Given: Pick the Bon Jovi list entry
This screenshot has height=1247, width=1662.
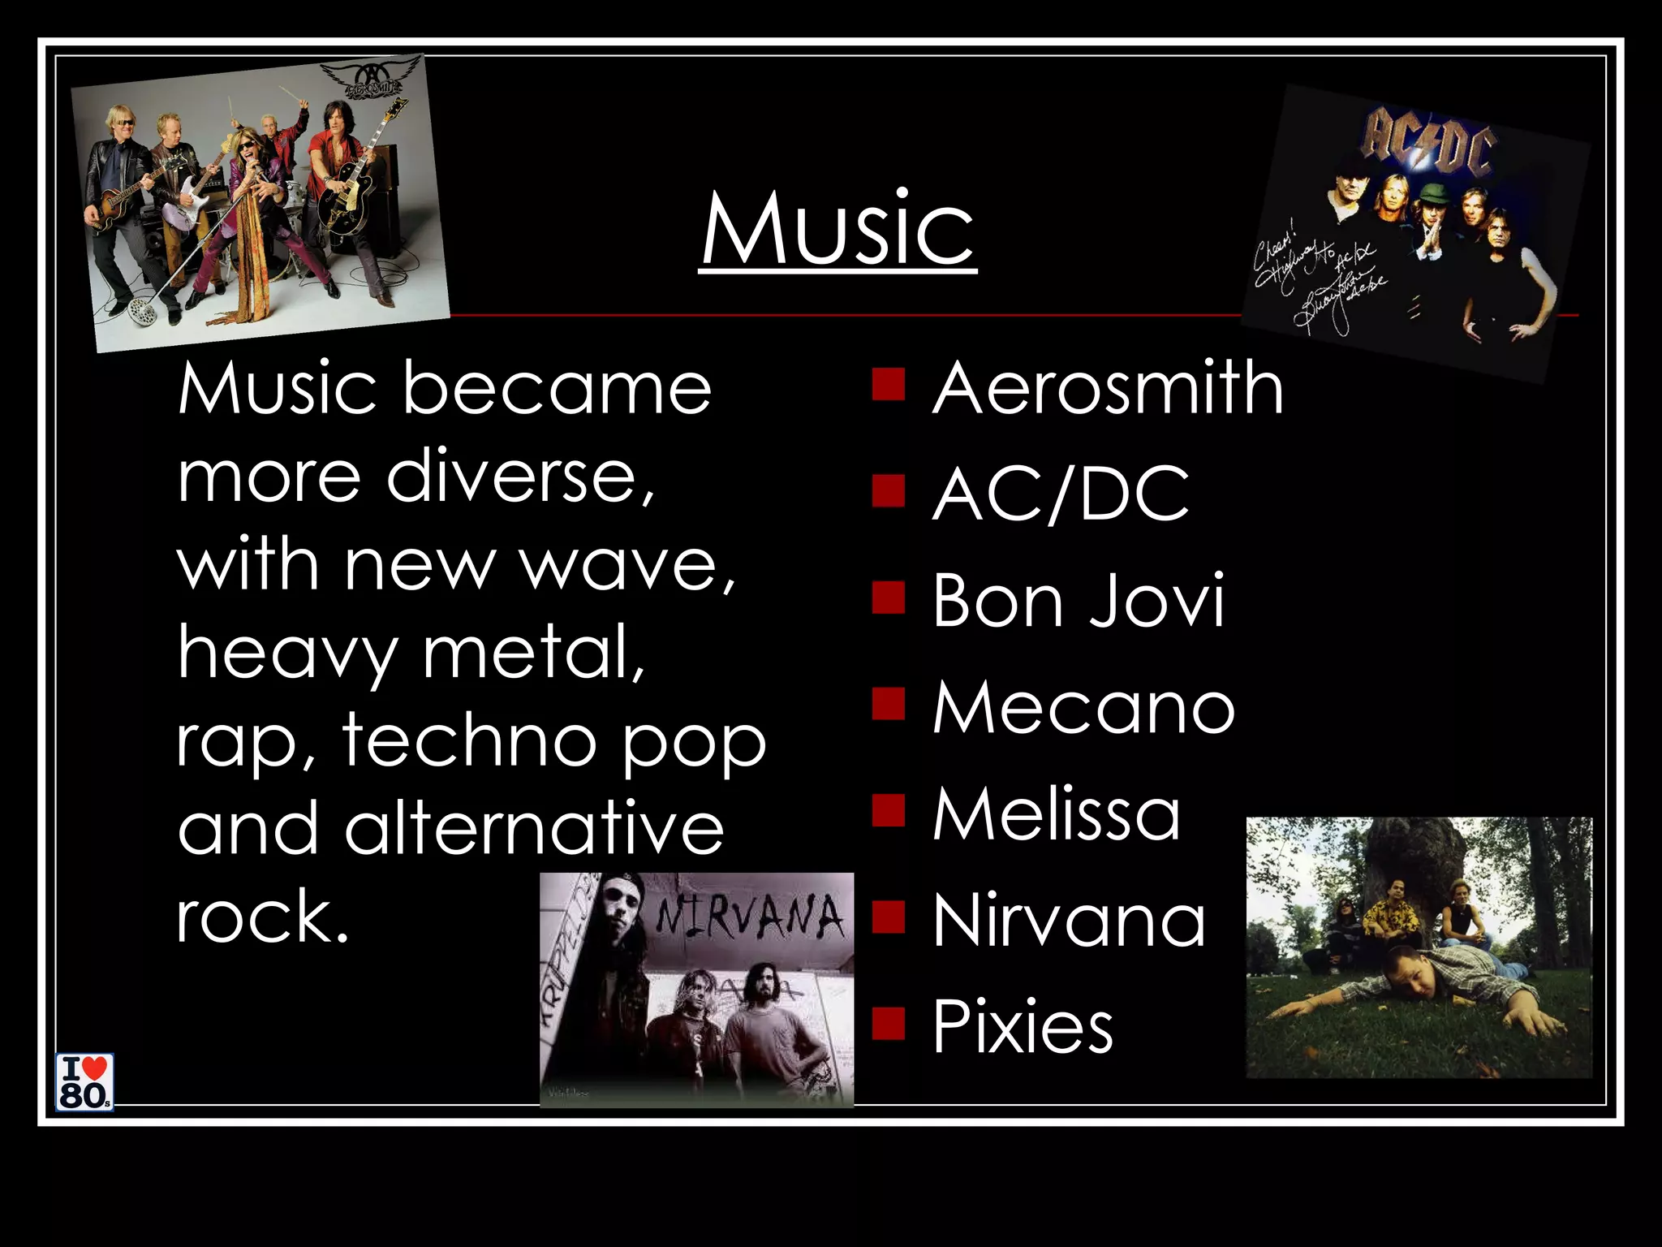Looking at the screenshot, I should (x=1078, y=601).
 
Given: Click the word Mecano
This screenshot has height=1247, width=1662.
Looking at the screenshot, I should (x=1083, y=707).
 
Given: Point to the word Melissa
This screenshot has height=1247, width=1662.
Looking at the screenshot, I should (x=1056, y=813).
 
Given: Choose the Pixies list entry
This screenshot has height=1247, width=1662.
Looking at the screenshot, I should (x=1023, y=1027).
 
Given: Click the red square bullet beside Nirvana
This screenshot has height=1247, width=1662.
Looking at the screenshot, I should (x=889, y=917).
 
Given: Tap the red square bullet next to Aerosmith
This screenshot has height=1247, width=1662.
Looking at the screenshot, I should (x=889, y=385).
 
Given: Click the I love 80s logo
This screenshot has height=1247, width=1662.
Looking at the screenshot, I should (x=84, y=1081).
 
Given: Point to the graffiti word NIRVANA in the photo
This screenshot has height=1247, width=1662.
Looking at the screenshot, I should (x=751, y=917).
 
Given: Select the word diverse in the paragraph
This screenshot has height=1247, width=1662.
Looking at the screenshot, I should (x=519, y=477).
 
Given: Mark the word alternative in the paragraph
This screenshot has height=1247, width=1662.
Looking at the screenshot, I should (x=533, y=828).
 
